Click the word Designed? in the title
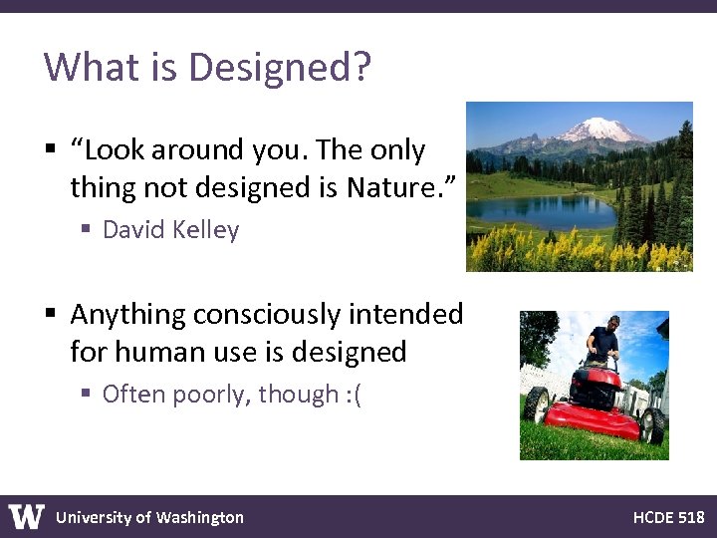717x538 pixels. pos(280,68)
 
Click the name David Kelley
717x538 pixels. pos(170,230)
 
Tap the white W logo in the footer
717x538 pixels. pos(27,516)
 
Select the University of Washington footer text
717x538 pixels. pos(149,517)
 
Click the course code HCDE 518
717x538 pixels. pos(668,517)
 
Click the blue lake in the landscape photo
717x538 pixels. pos(543,210)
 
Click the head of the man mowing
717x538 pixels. pos(613,323)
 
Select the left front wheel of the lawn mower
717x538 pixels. pos(537,403)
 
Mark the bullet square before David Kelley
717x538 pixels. pos(87,230)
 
